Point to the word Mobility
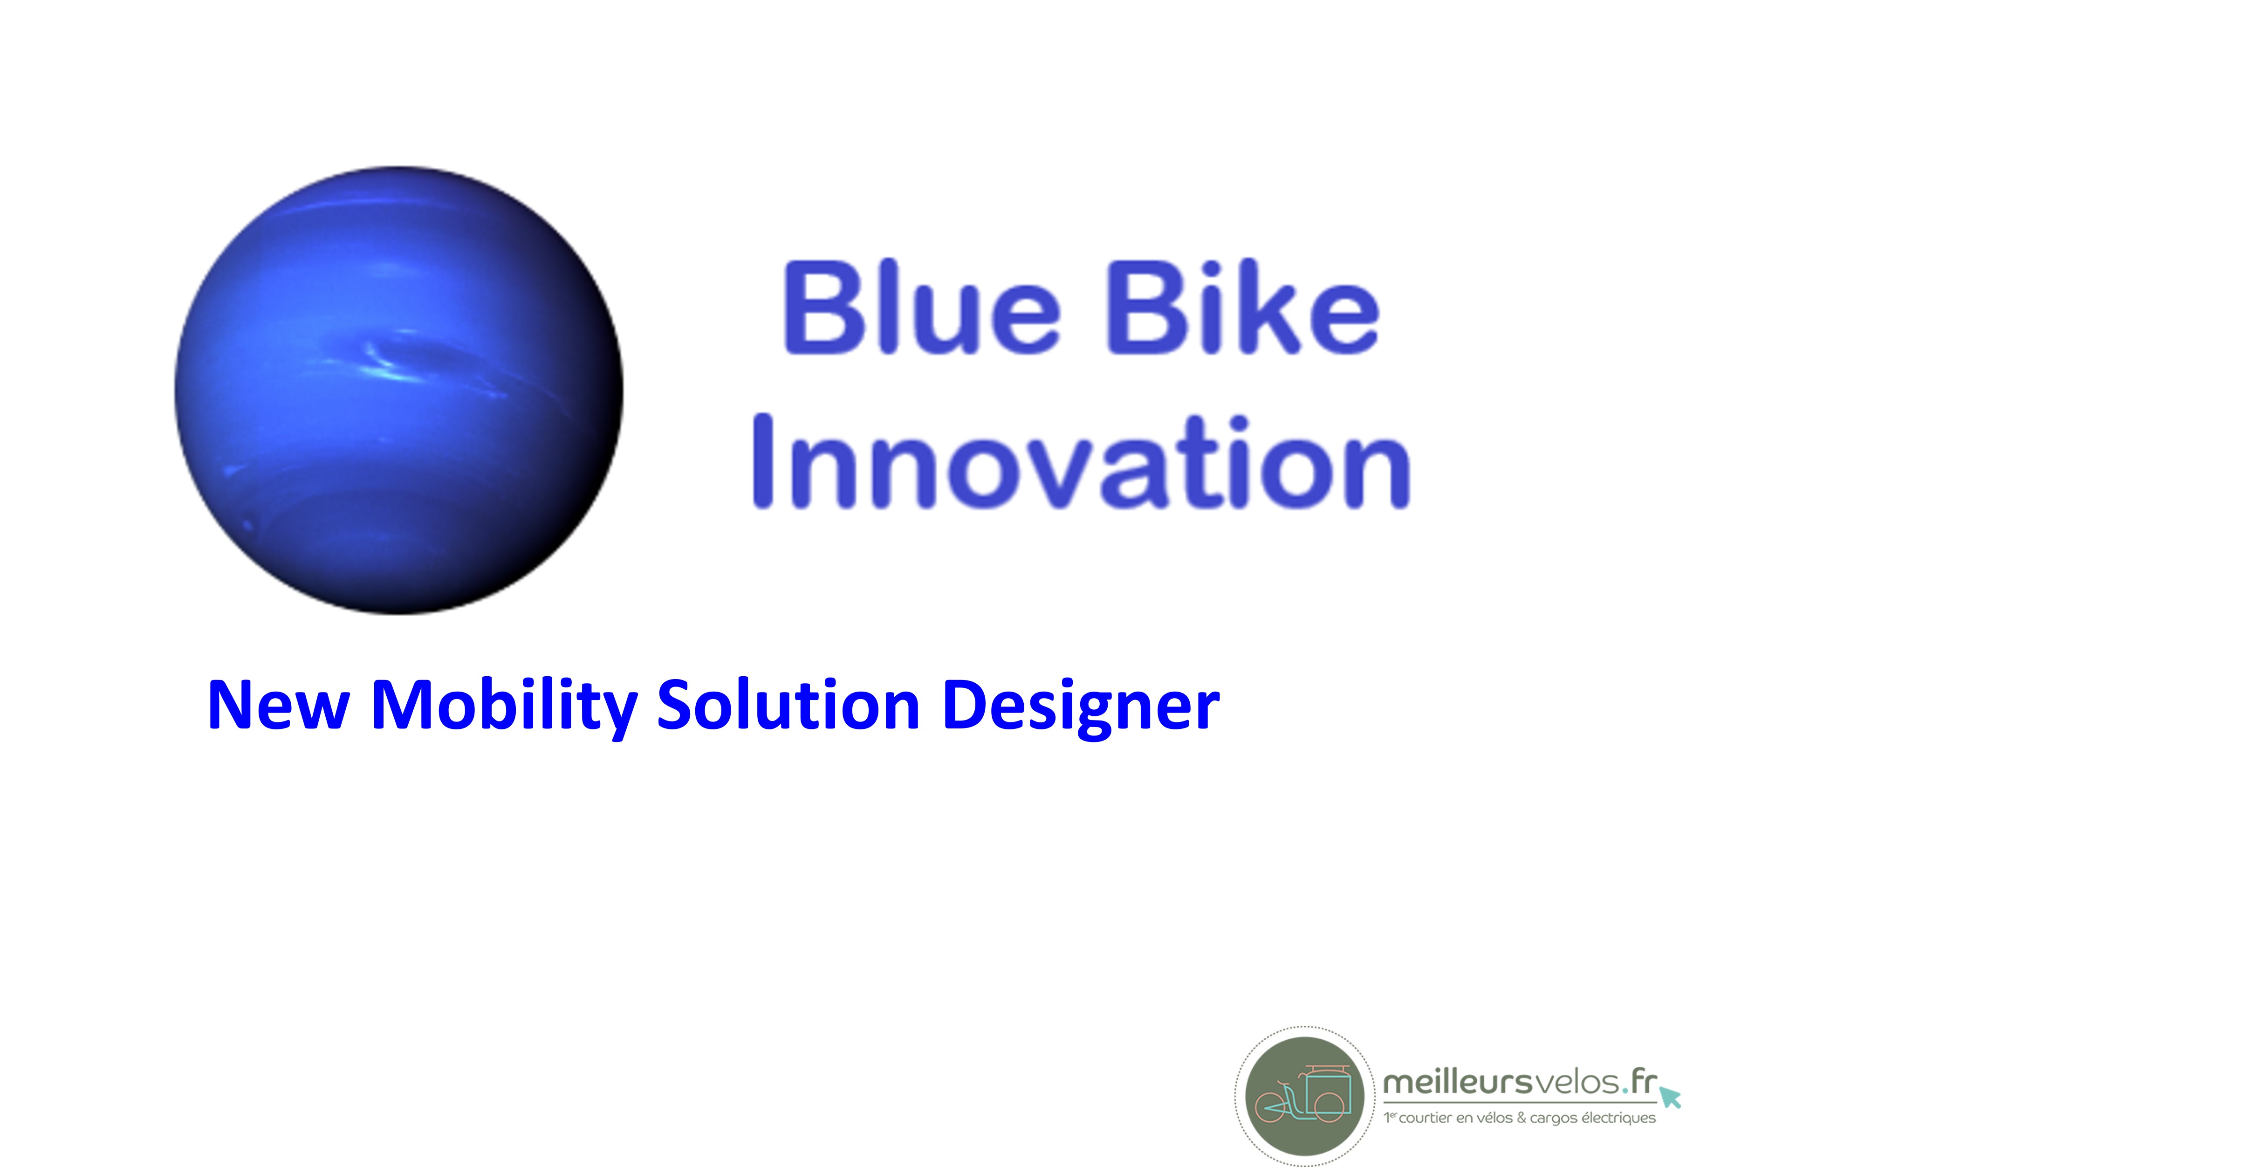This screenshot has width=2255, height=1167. pyautogui.click(x=504, y=707)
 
